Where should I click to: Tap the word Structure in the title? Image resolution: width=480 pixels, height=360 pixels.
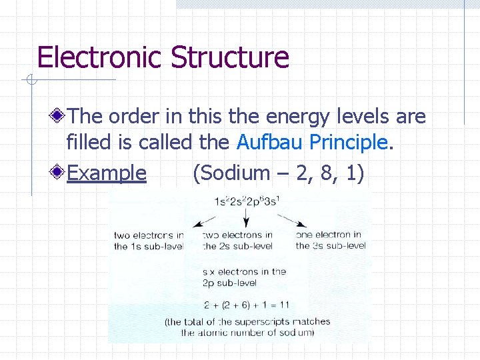[x=229, y=57]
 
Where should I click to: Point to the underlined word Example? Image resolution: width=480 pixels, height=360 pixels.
[x=107, y=173]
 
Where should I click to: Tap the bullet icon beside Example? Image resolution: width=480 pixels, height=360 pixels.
[x=59, y=173]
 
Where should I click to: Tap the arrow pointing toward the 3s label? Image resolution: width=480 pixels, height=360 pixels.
[x=291, y=221]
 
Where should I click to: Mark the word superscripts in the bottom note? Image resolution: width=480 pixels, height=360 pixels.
[x=264, y=321]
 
